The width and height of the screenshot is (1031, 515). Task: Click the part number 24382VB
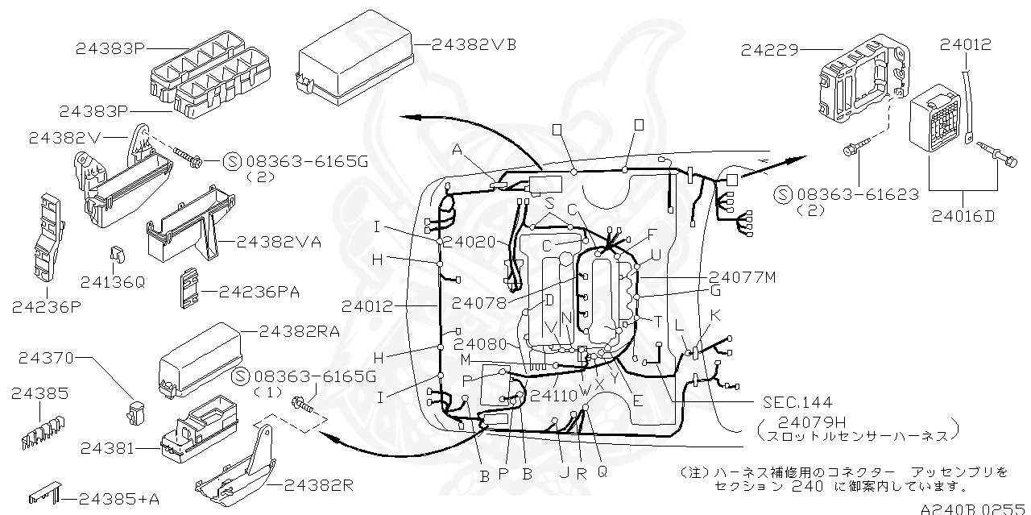[473, 44]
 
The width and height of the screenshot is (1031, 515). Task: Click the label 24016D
[965, 215]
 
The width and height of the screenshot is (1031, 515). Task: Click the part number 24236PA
[259, 291]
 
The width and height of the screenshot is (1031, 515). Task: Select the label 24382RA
[299, 330]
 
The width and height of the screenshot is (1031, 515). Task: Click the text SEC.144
[797, 401]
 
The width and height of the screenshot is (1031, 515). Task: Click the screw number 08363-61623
[857, 194]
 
